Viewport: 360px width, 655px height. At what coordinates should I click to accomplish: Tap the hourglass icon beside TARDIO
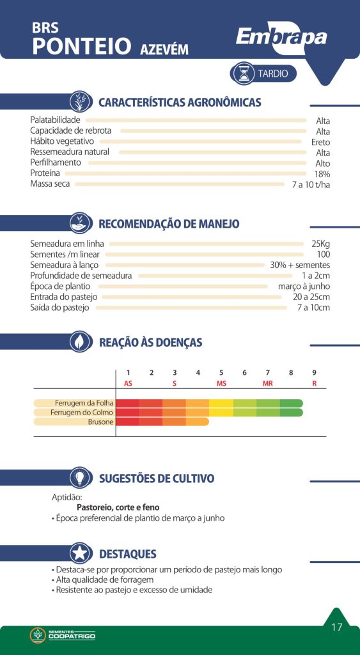pyautogui.click(x=243, y=74)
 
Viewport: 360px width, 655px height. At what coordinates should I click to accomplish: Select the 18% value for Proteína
pyautogui.click(x=322, y=174)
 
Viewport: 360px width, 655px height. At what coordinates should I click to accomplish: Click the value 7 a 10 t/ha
pyautogui.click(x=311, y=185)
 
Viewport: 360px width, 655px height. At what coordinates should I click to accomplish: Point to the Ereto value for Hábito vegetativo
pyautogui.click(x=320, y=143)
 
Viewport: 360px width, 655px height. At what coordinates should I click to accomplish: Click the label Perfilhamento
pyautogui.click(x=56, y=162)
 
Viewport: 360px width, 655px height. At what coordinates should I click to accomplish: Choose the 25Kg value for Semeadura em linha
pyautogui.click(x=320, y=244)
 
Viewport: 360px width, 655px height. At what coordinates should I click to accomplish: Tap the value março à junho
pyautogui.click(x=304, y=287)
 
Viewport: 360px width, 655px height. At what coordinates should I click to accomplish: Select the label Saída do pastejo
pyautogui.click(x=59, y=308)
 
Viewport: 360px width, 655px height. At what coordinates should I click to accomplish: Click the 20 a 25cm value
pyautogui.click(x=311, y=297)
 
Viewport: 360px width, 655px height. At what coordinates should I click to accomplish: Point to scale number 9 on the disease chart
pyautogui.click(x=314, y=373)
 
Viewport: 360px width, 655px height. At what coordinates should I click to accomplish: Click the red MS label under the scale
pyautogui.click(x=221, y=384)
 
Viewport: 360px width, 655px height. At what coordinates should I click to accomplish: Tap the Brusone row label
pyautogui.click(x=100, y=422)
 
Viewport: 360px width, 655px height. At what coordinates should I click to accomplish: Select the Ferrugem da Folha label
pyautogui.click(x=84, y=403)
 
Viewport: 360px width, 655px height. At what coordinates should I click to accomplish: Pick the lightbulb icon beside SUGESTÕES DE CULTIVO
pyautogui.click(x=81, y=477)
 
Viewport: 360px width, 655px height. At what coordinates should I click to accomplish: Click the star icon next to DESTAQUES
pyautogui.click(x=81, y=553)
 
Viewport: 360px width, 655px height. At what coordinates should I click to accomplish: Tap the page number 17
pyautogui.click(x=336, y=627)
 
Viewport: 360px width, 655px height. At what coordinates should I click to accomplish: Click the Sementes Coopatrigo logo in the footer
pyautogui.click(x=63, y=635)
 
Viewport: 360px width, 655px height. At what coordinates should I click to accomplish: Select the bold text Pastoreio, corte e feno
pyautogui.click(x=118, y=507)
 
